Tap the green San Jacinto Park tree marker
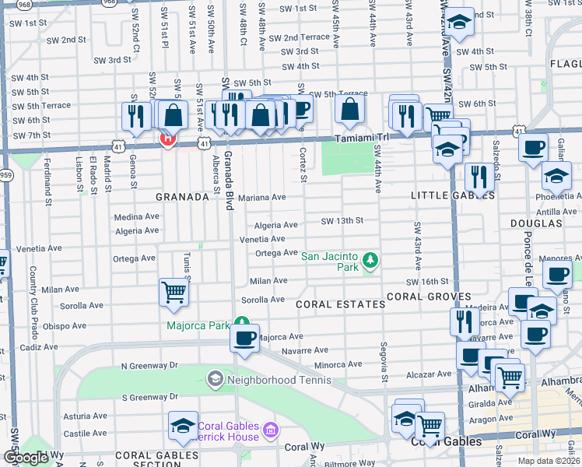click(371, 259)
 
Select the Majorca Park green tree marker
click(243, 321)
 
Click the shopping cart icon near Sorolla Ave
click(174, 293)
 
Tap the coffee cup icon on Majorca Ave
click(245, 338)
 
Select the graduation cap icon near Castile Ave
click(184, 425)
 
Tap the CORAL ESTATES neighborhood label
click(341, 304)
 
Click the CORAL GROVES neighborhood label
click(428, 297)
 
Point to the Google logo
click(26, 458)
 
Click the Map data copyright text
click(548, 461)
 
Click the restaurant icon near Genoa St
click(136, 117)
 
